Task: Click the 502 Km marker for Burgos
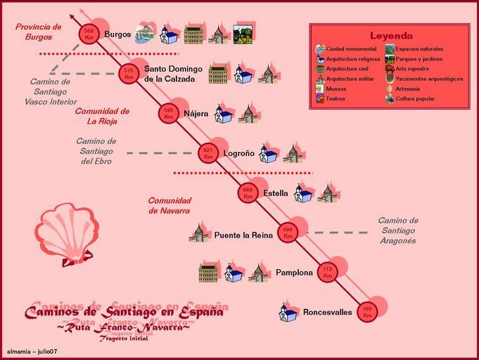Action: coord(89,34)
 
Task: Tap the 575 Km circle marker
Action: coord(128,74)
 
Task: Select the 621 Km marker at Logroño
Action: coord(207,153)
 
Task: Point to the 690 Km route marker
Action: coord(287,232)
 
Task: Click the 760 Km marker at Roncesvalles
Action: coord(366,311)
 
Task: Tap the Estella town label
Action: coord(275,193)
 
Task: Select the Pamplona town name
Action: coord(294,272)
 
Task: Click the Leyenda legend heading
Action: coord(391,36)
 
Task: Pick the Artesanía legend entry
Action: coord(409,89)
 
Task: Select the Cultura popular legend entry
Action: coord(415,98)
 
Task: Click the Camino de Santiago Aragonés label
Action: coord(397,231)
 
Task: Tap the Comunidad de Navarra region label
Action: coord(169,205)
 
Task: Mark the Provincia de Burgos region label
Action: coord(38,32)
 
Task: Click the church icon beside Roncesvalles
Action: coord(288,312)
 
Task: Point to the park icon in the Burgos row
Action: coord(243,34)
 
